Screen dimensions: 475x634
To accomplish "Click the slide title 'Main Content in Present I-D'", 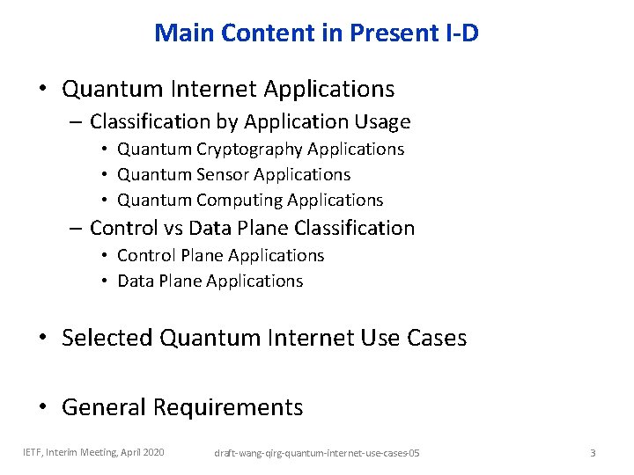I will coord(316,33).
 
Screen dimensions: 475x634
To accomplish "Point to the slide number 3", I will coord(593,452).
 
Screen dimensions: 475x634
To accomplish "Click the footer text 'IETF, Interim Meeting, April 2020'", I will coord(93,452).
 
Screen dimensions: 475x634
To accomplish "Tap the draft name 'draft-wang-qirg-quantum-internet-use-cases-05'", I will coord(317,453).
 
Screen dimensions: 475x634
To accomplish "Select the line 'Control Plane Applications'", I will coord(220,255).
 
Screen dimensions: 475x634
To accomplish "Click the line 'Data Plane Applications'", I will coord(210,281).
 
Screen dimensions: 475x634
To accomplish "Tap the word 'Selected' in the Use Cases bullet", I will coord(107,338).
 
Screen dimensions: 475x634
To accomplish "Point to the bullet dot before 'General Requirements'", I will coord(42,408).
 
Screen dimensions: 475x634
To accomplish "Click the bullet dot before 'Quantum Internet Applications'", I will coord(42,90).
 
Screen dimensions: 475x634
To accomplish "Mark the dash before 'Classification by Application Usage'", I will coord(76,121).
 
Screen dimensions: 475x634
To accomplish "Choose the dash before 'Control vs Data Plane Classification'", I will coord(76,228).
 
